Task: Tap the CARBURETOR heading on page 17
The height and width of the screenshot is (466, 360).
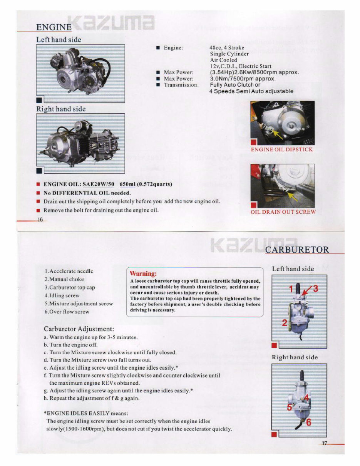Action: click(297, 250)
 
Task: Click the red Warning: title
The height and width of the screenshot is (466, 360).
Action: click(143, 274)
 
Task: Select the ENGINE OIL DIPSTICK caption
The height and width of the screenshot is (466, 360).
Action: click(282, 149)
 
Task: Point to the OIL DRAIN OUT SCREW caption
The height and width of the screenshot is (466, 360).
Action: click(283, 212)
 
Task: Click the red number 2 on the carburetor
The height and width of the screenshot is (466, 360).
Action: click(284, 323)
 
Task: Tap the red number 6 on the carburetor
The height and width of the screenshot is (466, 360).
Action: click(308, 422)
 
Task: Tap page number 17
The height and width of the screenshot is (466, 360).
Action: click(324, 443)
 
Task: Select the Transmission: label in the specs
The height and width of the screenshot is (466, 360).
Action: click(181, 85)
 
